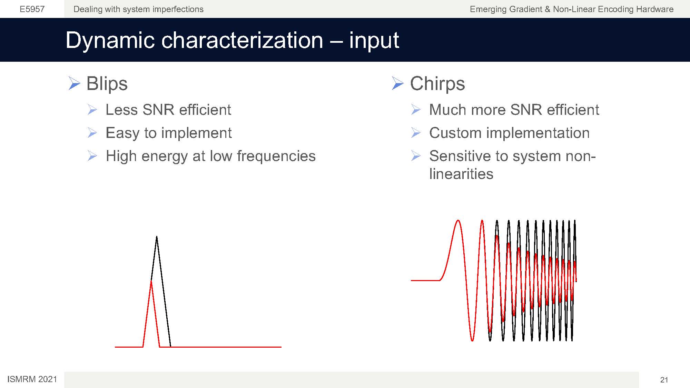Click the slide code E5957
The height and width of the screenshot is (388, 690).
pos(32,9)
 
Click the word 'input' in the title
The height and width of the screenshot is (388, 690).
pos(374,40)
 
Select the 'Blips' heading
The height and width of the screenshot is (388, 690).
pos(107,84)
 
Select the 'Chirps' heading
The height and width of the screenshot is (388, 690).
pos(437,84)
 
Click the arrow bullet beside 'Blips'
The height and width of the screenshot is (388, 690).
pos(74,83)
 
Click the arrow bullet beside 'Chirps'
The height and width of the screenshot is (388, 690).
pos(398,83)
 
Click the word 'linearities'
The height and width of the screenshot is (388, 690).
pos(461,174)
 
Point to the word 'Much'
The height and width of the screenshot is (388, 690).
pos(447,110)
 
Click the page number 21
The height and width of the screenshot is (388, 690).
pos(664,380)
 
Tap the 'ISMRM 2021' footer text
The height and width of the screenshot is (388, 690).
pos(32,379)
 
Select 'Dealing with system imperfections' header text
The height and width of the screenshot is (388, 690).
pos(138,9)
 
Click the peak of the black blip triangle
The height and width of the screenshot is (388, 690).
pos(157,236)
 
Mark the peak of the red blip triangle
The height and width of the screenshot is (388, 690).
pos(151,281)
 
